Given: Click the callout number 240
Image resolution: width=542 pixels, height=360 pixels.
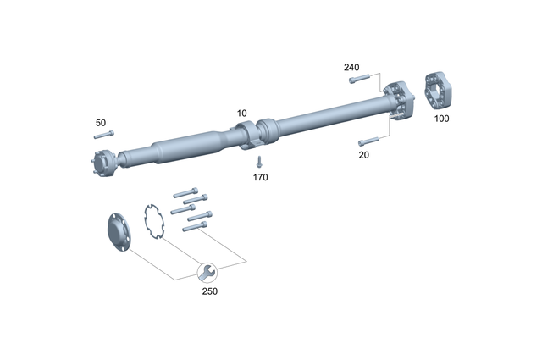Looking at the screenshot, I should [352, 66].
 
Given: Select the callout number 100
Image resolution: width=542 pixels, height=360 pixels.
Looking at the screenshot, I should [441, 119].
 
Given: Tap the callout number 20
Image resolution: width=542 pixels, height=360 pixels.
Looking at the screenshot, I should [363, 155].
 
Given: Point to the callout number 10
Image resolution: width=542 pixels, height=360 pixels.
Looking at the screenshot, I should [242, 113].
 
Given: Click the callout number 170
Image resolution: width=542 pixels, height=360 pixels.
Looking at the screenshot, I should [260, 178].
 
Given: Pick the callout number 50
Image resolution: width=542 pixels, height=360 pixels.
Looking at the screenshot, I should [101, 122].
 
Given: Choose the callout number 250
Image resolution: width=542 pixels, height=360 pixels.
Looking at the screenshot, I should [209, 291].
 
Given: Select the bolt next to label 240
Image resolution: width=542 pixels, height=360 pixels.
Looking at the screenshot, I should [358, 80].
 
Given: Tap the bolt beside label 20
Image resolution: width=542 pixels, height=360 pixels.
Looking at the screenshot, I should [368, 141].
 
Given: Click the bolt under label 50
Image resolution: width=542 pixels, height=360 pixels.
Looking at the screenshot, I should [103, 135].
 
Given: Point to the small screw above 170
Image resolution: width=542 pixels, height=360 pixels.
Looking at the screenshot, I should [260, 161].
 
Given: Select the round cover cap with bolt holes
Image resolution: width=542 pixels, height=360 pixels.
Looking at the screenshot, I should [117, 233].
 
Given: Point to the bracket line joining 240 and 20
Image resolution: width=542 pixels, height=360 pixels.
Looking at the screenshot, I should [389, 106].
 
